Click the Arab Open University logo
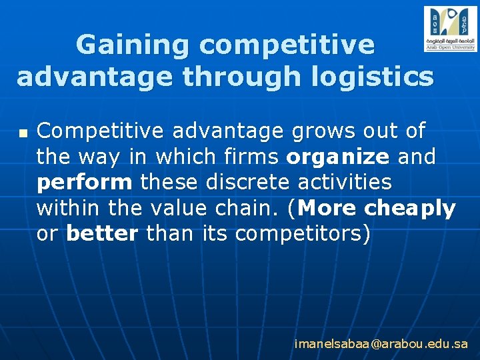coord(450,29)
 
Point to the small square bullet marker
coord(23,134)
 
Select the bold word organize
coord(338,157)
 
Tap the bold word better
coord(103,234)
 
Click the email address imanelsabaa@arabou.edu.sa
coord(381,344)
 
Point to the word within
coord(66,209)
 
